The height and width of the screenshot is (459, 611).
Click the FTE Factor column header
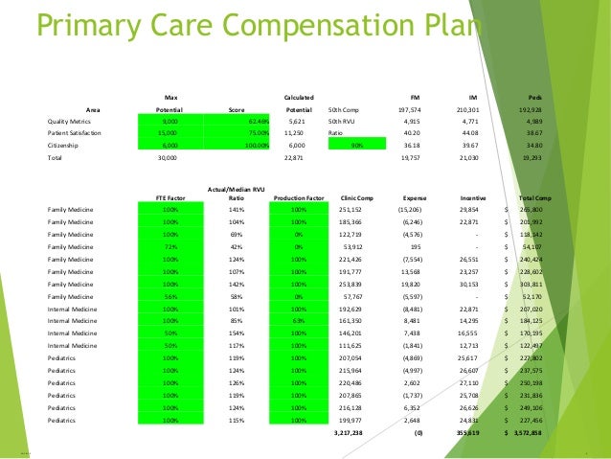point(170,197)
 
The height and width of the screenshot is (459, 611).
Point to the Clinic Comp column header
point(356,197)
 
